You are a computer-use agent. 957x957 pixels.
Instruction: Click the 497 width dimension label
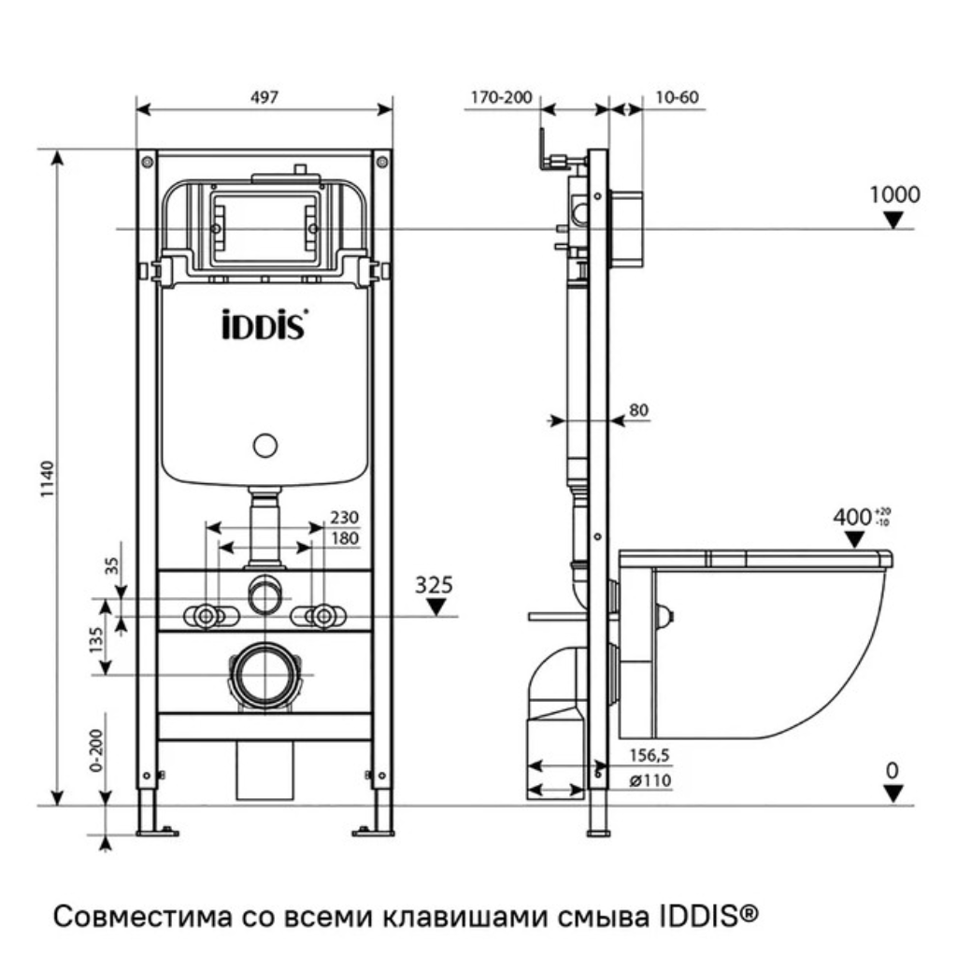264,97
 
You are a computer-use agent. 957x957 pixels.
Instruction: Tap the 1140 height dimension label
48,479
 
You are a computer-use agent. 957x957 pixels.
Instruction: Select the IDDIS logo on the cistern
264,324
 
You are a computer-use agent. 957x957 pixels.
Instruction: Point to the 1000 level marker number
894,194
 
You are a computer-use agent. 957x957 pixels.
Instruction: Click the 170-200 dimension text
502,97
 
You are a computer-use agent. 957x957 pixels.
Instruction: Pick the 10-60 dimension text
677,97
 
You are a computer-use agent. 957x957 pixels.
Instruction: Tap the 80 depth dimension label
638,409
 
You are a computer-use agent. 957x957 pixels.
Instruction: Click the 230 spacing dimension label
344,517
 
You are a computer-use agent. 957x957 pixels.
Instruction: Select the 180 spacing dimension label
344,538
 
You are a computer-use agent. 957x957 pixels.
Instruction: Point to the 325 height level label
434,585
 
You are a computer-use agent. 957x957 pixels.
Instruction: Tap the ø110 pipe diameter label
650,780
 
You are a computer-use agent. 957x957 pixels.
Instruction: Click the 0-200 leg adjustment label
96,750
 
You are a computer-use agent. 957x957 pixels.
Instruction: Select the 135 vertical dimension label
96,639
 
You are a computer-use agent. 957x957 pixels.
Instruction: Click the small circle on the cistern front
264,446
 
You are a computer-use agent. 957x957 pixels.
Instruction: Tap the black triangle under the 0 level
893,793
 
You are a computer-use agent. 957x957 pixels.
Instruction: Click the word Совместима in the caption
143,916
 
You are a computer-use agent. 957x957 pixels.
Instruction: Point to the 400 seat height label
852,518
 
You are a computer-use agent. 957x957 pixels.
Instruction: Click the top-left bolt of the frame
147,163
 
